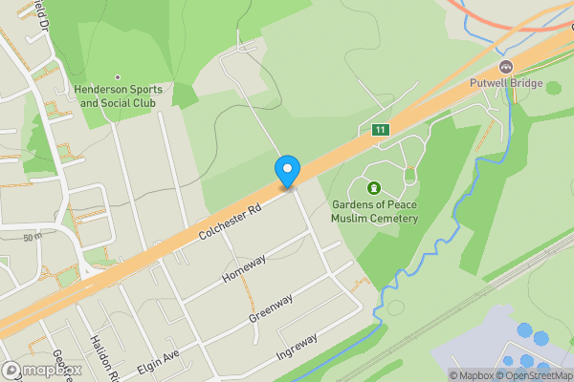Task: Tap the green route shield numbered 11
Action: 381,130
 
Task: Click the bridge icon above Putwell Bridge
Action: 506,67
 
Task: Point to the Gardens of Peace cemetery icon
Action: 373,186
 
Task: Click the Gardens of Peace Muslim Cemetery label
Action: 375,211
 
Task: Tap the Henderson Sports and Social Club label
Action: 117,95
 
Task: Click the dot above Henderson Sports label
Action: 118,77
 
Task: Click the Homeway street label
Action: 243,265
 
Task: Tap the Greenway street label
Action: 270,308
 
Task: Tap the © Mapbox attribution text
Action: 471,375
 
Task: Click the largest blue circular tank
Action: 525,331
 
